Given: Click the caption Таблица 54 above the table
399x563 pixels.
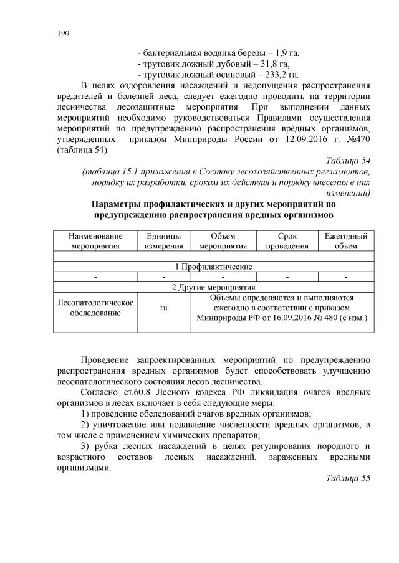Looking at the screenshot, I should (x=349, y=161).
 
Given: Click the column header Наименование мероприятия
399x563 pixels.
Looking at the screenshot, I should (x=95, y=241).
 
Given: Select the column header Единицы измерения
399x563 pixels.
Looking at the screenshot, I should (x=164, y=241).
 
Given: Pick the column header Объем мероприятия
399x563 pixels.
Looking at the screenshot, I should (x=223, y=241).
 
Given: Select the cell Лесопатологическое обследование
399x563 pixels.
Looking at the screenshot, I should (x=95, y=307).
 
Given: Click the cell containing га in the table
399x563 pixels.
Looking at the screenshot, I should (x=164, y=308).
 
